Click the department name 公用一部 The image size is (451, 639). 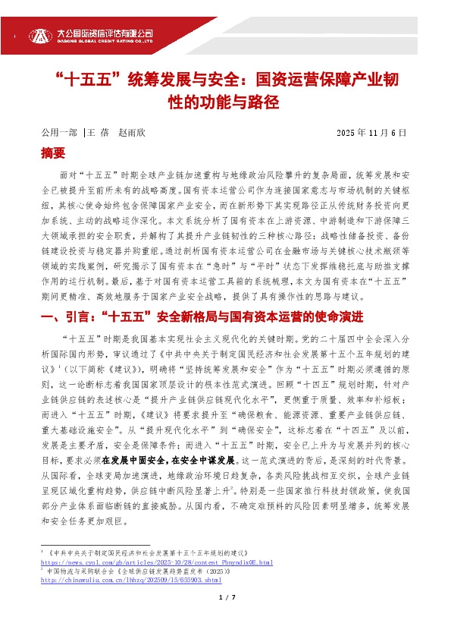coord(58,133)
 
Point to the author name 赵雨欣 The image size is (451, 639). coord(131,133)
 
